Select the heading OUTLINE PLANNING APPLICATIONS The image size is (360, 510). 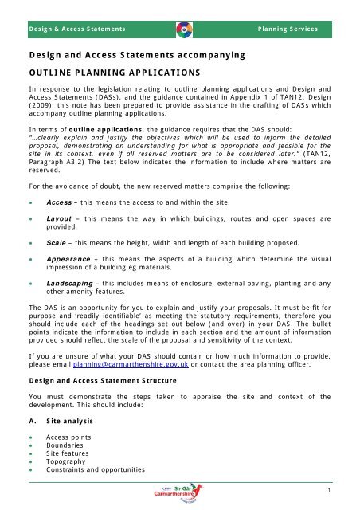click(112, 73)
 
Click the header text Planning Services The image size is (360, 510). click(288, 29)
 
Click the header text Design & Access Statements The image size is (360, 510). click(78, 29)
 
